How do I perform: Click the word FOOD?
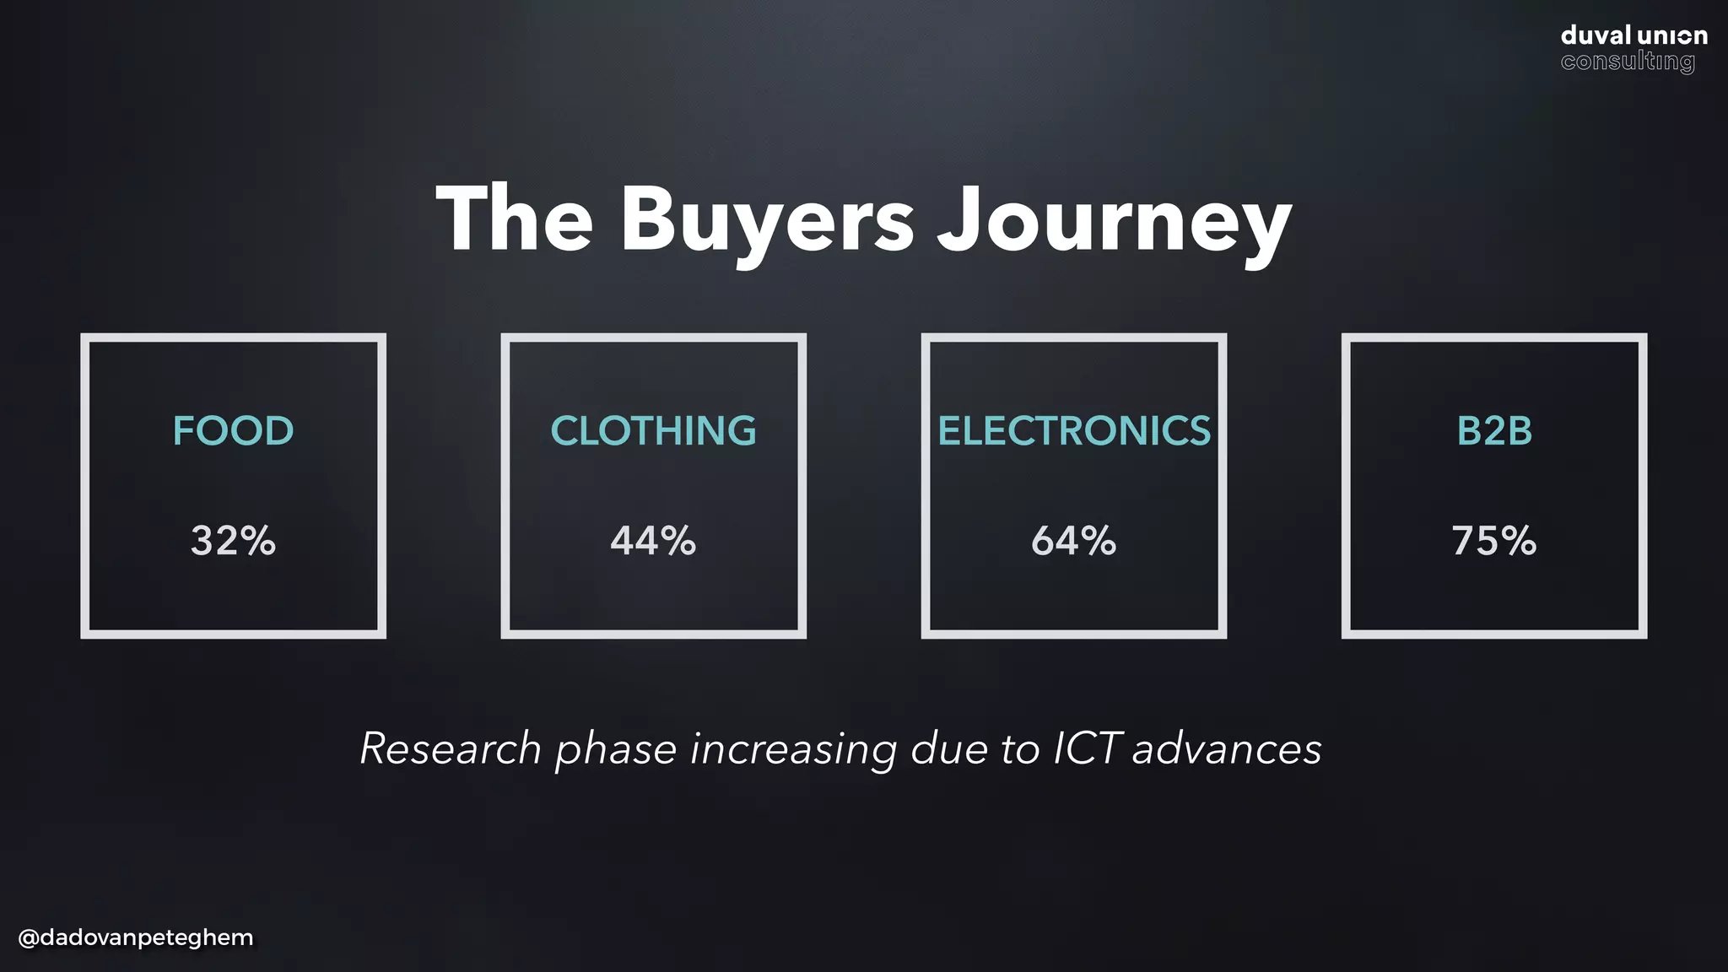coord(233,431)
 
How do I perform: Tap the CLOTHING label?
coord(653,431)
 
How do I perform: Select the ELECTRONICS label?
coord(1073,431)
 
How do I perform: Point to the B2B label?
coord(1493,431)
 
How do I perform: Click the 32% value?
coord(233,541)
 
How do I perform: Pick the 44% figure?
coord(653,541)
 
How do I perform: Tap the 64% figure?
coord(1073,541)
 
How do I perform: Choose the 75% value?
coord(1493,541)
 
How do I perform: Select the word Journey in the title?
coord(1114,221)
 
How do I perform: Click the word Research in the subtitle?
coord(451,748)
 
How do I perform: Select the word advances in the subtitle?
coord(1227,748)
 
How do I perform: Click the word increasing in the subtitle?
coord(793,750)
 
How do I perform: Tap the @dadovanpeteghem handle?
coord(135,937)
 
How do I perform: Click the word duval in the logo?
coord(1595,35)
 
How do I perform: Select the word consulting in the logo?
coord(1627,62)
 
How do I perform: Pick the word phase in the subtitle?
coord(615,750)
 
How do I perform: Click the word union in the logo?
coord(1672,35)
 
